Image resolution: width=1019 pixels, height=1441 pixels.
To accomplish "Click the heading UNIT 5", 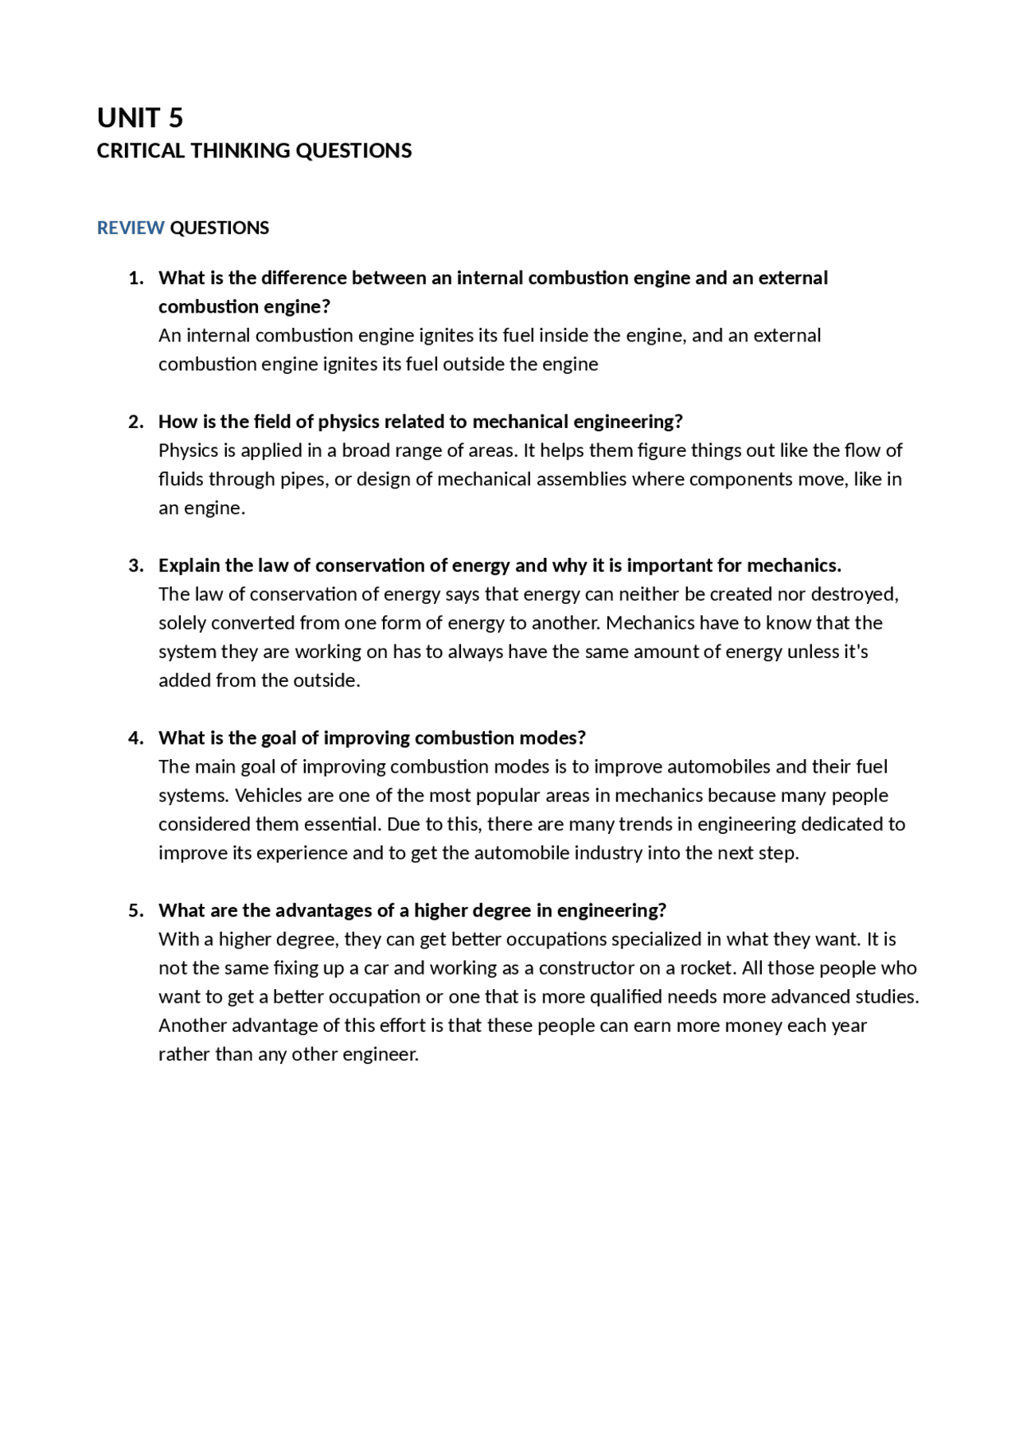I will [x=140, y=118].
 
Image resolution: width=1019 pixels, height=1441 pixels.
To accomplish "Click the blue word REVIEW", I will [x=131, y=228].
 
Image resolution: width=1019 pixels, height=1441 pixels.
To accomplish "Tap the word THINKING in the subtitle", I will [x=240, y=150].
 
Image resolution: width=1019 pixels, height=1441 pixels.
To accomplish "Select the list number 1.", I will [x=135, y=278].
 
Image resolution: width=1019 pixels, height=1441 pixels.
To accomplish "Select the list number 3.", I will [x=135, y=565].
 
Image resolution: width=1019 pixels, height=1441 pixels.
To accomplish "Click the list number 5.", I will [x=135, y=910].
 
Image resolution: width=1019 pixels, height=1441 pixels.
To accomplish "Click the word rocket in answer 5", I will [x=707, y=968].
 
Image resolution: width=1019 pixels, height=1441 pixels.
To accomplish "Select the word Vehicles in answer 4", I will [x=267, y=795].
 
